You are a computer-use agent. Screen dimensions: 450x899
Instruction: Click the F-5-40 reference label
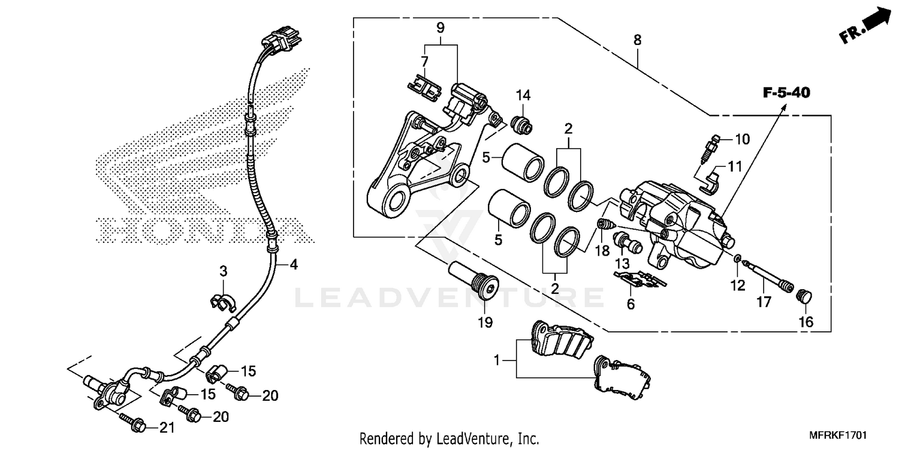(x=786, y=93)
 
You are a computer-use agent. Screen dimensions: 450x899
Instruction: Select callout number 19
(x=485, y=323)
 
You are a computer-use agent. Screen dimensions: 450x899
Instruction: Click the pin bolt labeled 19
(x=473, y=281)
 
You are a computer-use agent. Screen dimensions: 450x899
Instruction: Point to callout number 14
(x=523, y=95)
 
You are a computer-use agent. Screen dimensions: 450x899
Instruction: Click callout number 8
(x=637, y=40)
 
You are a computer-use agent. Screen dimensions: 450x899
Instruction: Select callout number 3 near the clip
(x=224, y=271)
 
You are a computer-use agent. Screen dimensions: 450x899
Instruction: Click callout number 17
(x=763, y=302)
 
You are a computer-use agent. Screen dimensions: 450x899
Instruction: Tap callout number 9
(x=441, y=27)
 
